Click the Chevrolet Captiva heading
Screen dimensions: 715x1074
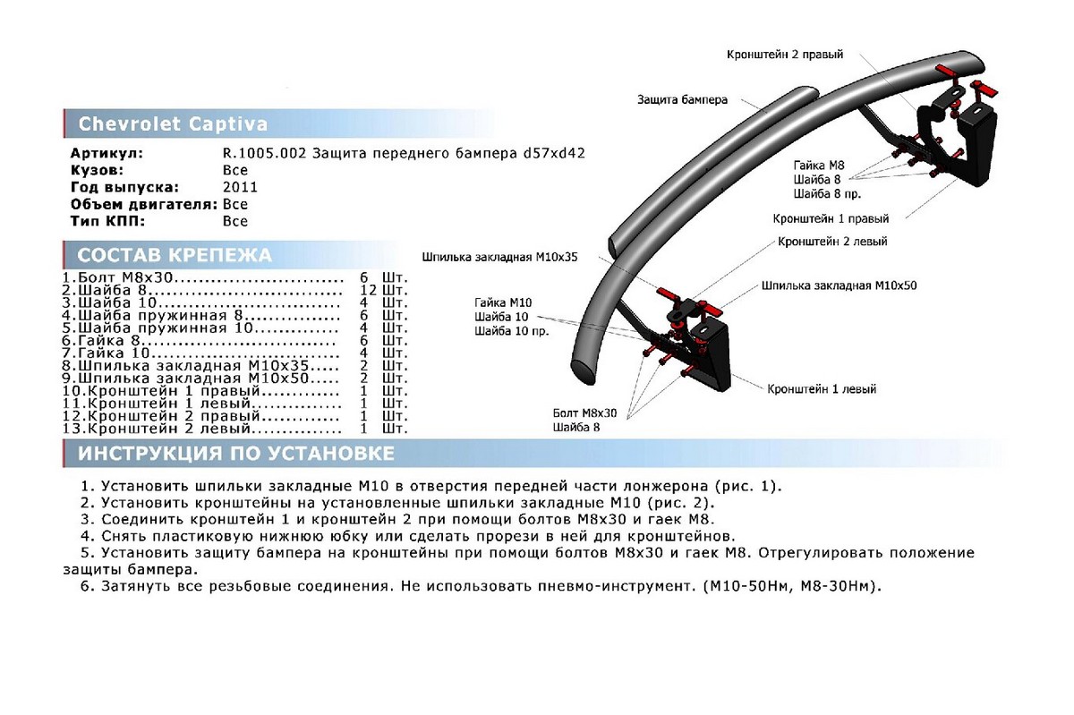click(173, 123)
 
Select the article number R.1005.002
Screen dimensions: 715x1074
click(265, 153)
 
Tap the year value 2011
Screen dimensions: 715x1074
click(240, 187)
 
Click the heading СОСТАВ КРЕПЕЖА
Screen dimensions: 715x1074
click(175, 255)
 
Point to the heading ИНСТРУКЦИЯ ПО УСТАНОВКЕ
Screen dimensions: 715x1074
click(236, 454)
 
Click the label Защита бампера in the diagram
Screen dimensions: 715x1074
click(682, 99)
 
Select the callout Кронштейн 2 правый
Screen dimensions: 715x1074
click(784, 55)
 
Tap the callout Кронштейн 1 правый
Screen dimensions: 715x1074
click(831, 217)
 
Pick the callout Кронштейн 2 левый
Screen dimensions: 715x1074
click(832, 242)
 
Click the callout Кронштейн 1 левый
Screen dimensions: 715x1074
click(821, 389)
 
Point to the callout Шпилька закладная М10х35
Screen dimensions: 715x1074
click(500, 256)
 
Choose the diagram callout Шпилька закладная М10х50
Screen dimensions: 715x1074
click(839, 285)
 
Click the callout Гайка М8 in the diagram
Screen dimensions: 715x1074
click(818, 165)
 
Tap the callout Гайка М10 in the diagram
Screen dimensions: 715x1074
click(503, 302)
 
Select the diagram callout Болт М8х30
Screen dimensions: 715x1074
click(586, 413)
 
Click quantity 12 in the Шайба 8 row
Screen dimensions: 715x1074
click(367, 291)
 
